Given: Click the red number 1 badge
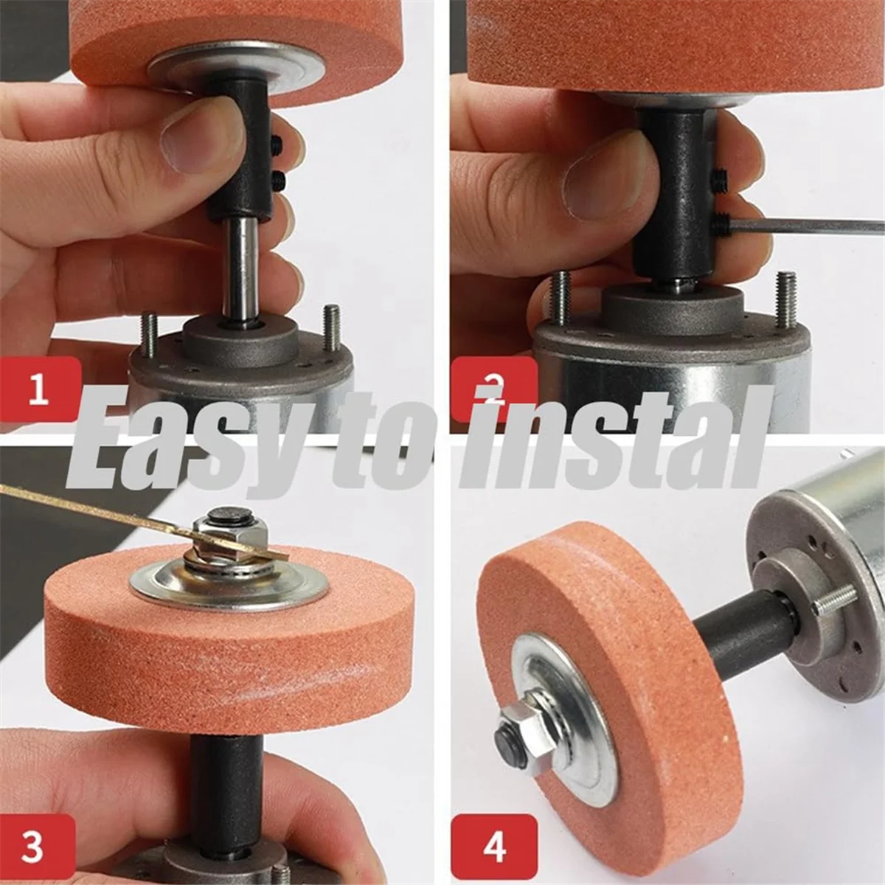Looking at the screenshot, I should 38,389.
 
